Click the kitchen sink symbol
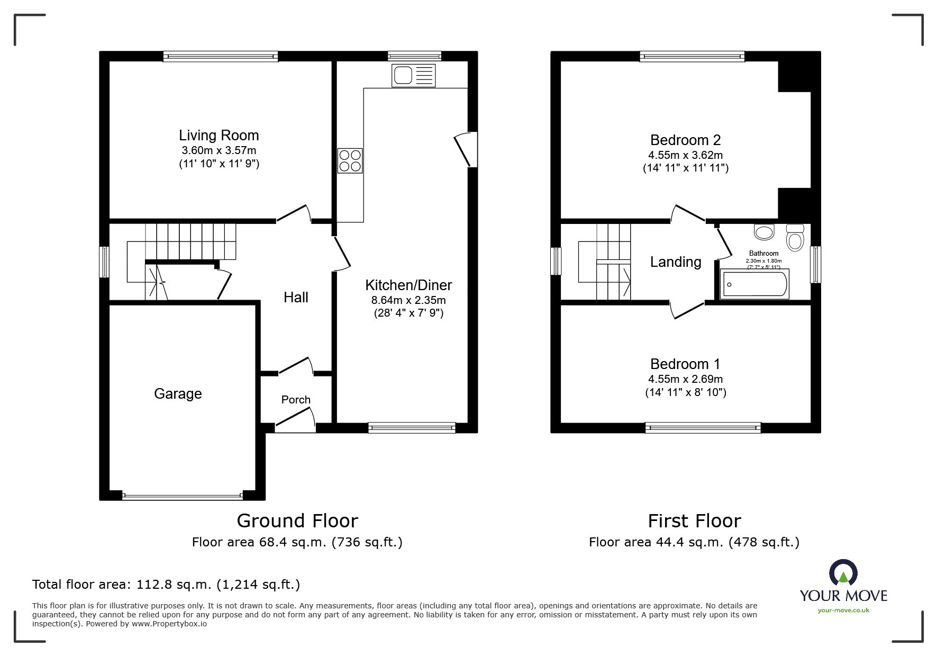point(413,75)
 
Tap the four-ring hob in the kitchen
point(350,160)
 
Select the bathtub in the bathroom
point(754,284)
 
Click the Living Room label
point(219,136)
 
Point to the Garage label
point(178,393)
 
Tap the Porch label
point(296,400)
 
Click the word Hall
point(296,298)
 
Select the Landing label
point(676,262)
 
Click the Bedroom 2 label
point(685,140)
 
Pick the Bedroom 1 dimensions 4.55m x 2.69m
point(685,379)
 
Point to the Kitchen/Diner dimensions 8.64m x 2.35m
point(408,300)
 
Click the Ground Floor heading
point(297,521)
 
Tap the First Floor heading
point(694,521)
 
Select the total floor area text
point(166,585)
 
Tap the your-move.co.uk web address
point(843,610)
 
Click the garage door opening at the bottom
point(182,496)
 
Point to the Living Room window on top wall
point(221,56)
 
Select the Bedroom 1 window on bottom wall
point(703,428)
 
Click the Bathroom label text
point(763,254)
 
